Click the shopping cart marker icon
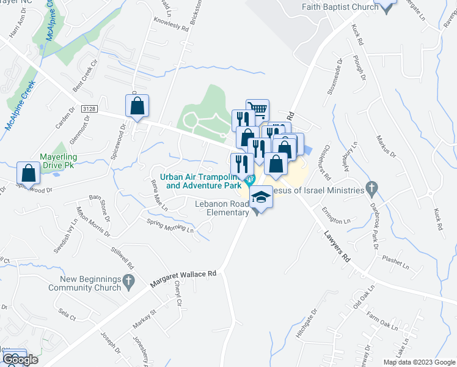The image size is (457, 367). click(257, 111)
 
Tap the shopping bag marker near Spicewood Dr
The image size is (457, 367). click(29, 173)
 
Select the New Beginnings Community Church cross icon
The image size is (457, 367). click(128, 281)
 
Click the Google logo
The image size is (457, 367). click(20, 359)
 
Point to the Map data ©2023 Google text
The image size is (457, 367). click(419, 362)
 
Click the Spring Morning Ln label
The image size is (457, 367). click(170, 226)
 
